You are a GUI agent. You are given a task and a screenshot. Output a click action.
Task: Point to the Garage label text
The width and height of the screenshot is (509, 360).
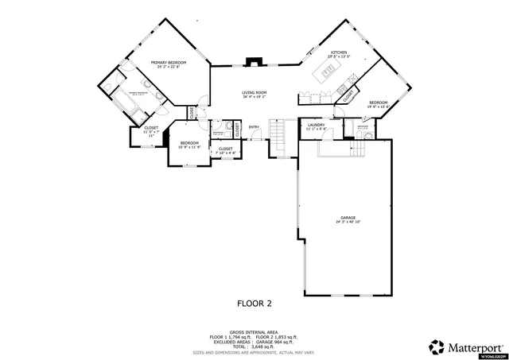pos(348,219)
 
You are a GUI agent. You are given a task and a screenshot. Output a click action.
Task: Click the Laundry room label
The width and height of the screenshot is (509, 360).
pos(315,126)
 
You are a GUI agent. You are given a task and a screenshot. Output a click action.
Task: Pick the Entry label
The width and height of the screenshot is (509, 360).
pos(254,128)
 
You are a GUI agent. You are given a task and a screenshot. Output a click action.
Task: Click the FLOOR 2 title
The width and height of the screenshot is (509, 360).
pos(254,303)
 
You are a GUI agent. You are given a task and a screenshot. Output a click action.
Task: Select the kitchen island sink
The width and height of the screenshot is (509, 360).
pos(328,72)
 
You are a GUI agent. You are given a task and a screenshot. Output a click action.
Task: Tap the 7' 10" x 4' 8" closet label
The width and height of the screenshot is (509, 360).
pos(225,150)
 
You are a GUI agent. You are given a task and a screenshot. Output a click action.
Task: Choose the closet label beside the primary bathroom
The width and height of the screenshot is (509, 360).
pos(151,132)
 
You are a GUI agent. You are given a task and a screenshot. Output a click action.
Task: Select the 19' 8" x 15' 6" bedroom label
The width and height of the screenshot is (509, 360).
pos(378,105)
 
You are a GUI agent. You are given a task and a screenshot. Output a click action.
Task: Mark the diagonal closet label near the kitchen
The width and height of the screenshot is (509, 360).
pos(348,95)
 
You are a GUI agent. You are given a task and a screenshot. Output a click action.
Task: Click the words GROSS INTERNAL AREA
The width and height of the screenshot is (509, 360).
pos(254,331)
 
